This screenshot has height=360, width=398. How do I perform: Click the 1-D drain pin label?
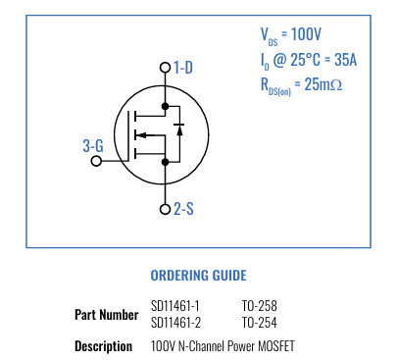(183, 68)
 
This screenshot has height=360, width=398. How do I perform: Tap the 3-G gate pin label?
(93, 146)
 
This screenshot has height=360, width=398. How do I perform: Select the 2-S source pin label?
(183, 209)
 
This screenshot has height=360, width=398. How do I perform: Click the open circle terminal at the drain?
(165, 68)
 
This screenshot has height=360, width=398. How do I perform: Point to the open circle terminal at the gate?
(96, 160)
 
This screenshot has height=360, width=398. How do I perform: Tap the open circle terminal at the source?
(165, 209)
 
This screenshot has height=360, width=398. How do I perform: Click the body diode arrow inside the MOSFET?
(178, 127)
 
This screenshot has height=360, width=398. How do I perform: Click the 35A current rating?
(345, 60)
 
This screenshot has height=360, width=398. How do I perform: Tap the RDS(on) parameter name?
(275, 86)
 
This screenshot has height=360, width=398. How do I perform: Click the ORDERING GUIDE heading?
(198, 276)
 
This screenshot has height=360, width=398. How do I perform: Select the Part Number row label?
(106, 315)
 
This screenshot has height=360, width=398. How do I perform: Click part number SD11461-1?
(175, 306)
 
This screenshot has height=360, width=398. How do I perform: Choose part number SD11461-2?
(175, 323)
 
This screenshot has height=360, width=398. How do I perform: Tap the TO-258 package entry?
(259, 306)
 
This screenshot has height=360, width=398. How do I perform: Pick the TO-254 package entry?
(259, 323)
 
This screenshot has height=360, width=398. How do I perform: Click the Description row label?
(103, 346)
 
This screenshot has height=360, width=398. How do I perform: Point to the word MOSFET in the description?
(274, 346)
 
